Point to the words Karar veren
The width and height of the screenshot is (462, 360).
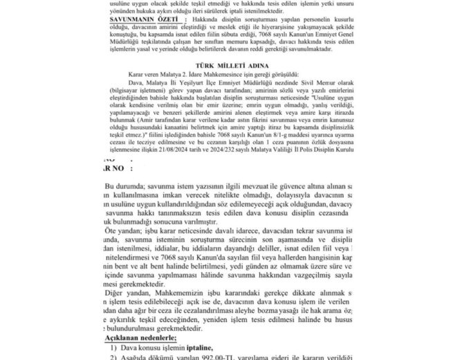[142, 72]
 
